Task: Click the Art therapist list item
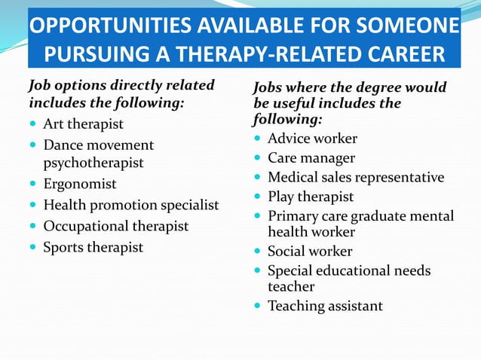coord(83,124)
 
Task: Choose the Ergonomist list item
coord(80,184)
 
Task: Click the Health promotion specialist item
coord(131,205)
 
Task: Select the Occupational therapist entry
coord(116,226)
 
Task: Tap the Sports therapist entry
coord(93,247)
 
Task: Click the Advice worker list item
coord(312,139)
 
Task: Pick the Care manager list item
coord(311,158)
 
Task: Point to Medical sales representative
coord(356,178)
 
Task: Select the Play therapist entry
coord(311,197)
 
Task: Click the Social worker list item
coord(310,252)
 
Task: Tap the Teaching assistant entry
coord(325,306)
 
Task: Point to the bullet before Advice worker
coord(258,139)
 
